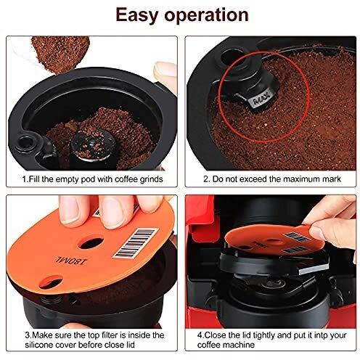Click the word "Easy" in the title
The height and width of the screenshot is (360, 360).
click(x=136, y=15)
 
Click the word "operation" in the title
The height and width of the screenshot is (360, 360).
click(x=206, y=15)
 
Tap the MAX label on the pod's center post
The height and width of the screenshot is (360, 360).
click(x=261, y=99)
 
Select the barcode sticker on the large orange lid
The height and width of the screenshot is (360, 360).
click(x=136, y=242)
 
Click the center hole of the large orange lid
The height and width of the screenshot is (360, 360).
click(x=91, y=243)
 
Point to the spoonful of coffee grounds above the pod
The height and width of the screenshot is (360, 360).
click(x=60, y=54)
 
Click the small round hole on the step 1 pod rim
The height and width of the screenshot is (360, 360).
click(x=24, y=142)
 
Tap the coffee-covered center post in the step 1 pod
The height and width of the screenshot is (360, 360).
click(x=94, y=144)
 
